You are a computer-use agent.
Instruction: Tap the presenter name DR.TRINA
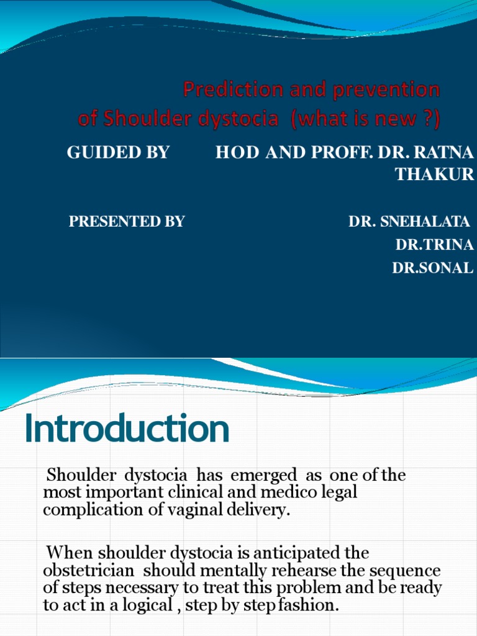(435, 245)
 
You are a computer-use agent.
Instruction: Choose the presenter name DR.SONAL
(433, 268)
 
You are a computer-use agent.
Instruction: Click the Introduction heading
(127, 430)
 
